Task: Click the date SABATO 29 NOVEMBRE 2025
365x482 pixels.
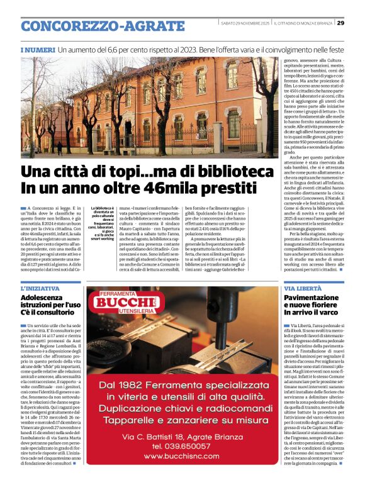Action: pos(245,24)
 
